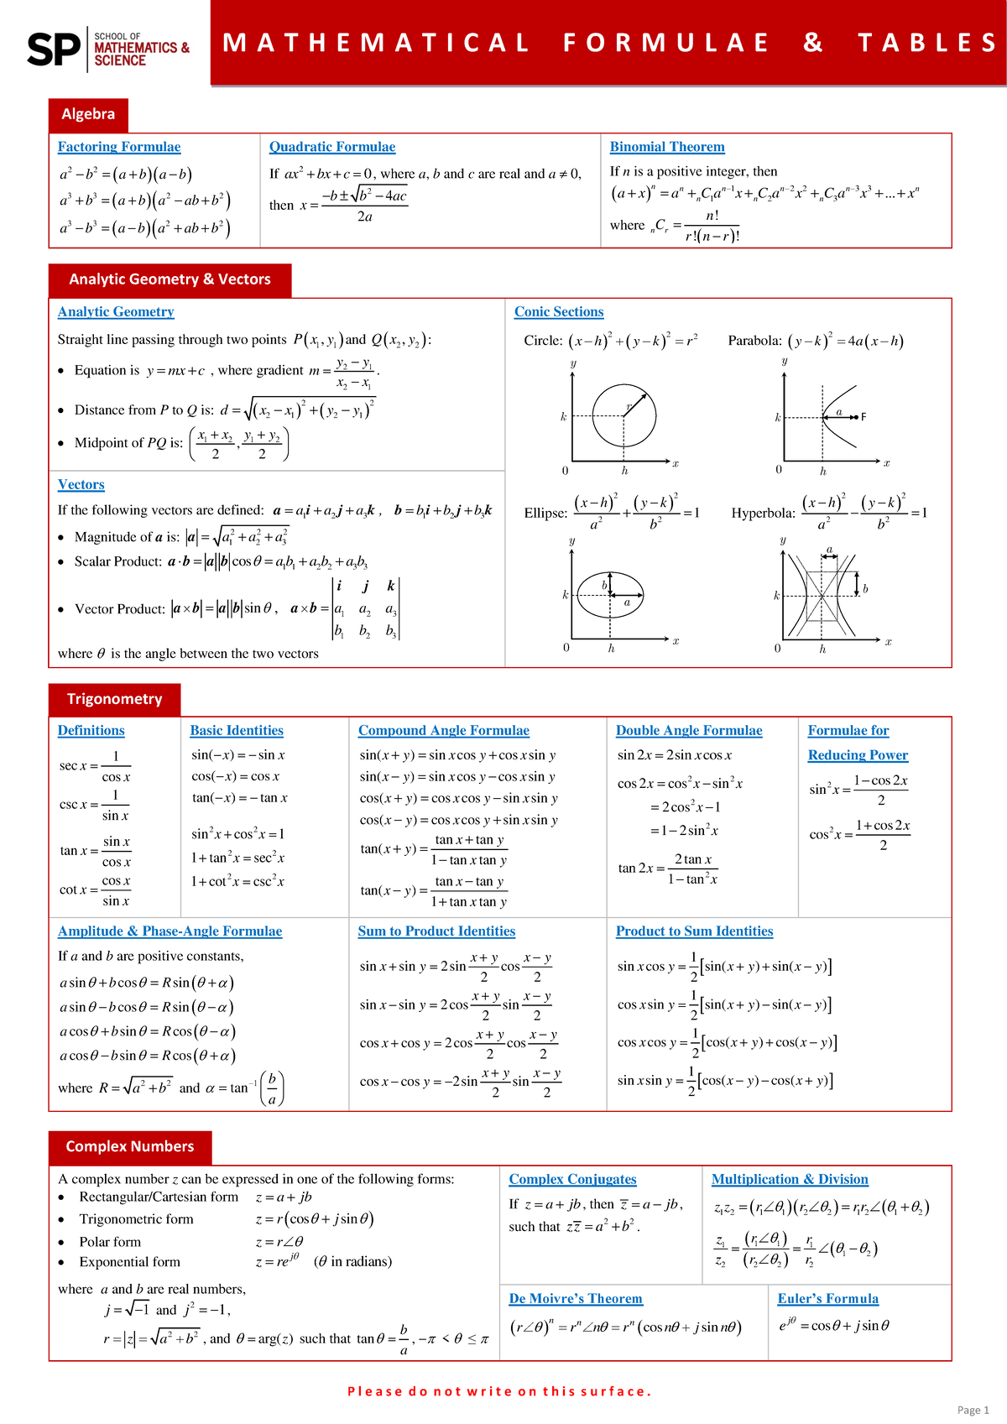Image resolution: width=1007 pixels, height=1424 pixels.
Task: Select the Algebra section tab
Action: click(88, 114)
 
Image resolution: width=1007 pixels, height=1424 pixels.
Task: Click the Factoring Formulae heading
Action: click(119, 147)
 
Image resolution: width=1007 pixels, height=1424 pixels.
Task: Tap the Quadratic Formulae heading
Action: click(331, 147)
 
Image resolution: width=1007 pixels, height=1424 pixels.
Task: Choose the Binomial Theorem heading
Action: click(667, 147)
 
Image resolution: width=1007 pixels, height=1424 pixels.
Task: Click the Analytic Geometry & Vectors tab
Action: click(170, 279)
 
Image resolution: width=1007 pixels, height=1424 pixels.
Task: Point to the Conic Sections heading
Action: click(559, 312)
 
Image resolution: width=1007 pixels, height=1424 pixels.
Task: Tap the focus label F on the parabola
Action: click(864, 416)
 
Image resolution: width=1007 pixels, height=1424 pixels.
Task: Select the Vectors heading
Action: click(81, 485)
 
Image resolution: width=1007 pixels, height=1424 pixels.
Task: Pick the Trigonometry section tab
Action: click(114, 699)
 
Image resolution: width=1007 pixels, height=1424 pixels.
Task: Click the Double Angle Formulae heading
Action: click(689, 731)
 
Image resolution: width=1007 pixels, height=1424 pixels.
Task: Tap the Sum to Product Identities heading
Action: click(436, 931)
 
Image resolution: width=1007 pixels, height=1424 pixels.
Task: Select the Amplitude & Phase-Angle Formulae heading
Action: click(170, 931)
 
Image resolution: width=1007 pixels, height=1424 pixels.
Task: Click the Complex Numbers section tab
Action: click(130, 1146)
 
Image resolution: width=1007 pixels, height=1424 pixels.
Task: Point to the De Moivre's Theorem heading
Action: click(576, 1299)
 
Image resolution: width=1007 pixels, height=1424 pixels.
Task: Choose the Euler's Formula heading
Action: click(827, 1299)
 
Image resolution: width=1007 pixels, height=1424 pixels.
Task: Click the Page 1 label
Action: click(973, 1410)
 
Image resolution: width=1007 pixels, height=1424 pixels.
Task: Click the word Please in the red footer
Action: click(374, 1391)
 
